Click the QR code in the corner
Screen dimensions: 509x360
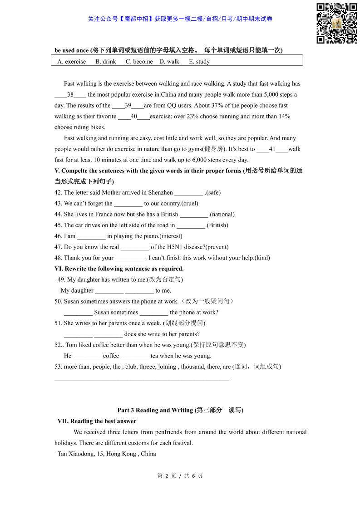pyautogui.click(x=336, y=23)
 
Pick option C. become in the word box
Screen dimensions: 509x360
pyautogui.click(x=139, y=62)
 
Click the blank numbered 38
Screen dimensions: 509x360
pyautogui.click(x=70, y=95)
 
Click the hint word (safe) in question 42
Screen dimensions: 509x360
pyautogui.click(x=213, y=193)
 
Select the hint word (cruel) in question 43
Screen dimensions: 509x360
pyautogui.click(x=190, y=204)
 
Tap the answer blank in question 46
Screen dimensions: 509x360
pyautogui.click(x=91, y=236)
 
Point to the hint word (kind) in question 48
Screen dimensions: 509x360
pyautogui.click(x=262, y=258)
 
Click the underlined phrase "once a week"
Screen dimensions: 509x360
pyautogui.click(x=144, y=323)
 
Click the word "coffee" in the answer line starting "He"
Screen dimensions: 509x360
pyautogui.click(x=111, y=356)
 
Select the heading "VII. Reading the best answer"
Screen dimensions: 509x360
pyautogui.click(x=97, y=421)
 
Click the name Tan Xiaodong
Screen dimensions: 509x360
pyautogui.click(x=74, y=454)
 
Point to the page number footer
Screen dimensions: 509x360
pyautogui.click(x=180, y=476)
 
